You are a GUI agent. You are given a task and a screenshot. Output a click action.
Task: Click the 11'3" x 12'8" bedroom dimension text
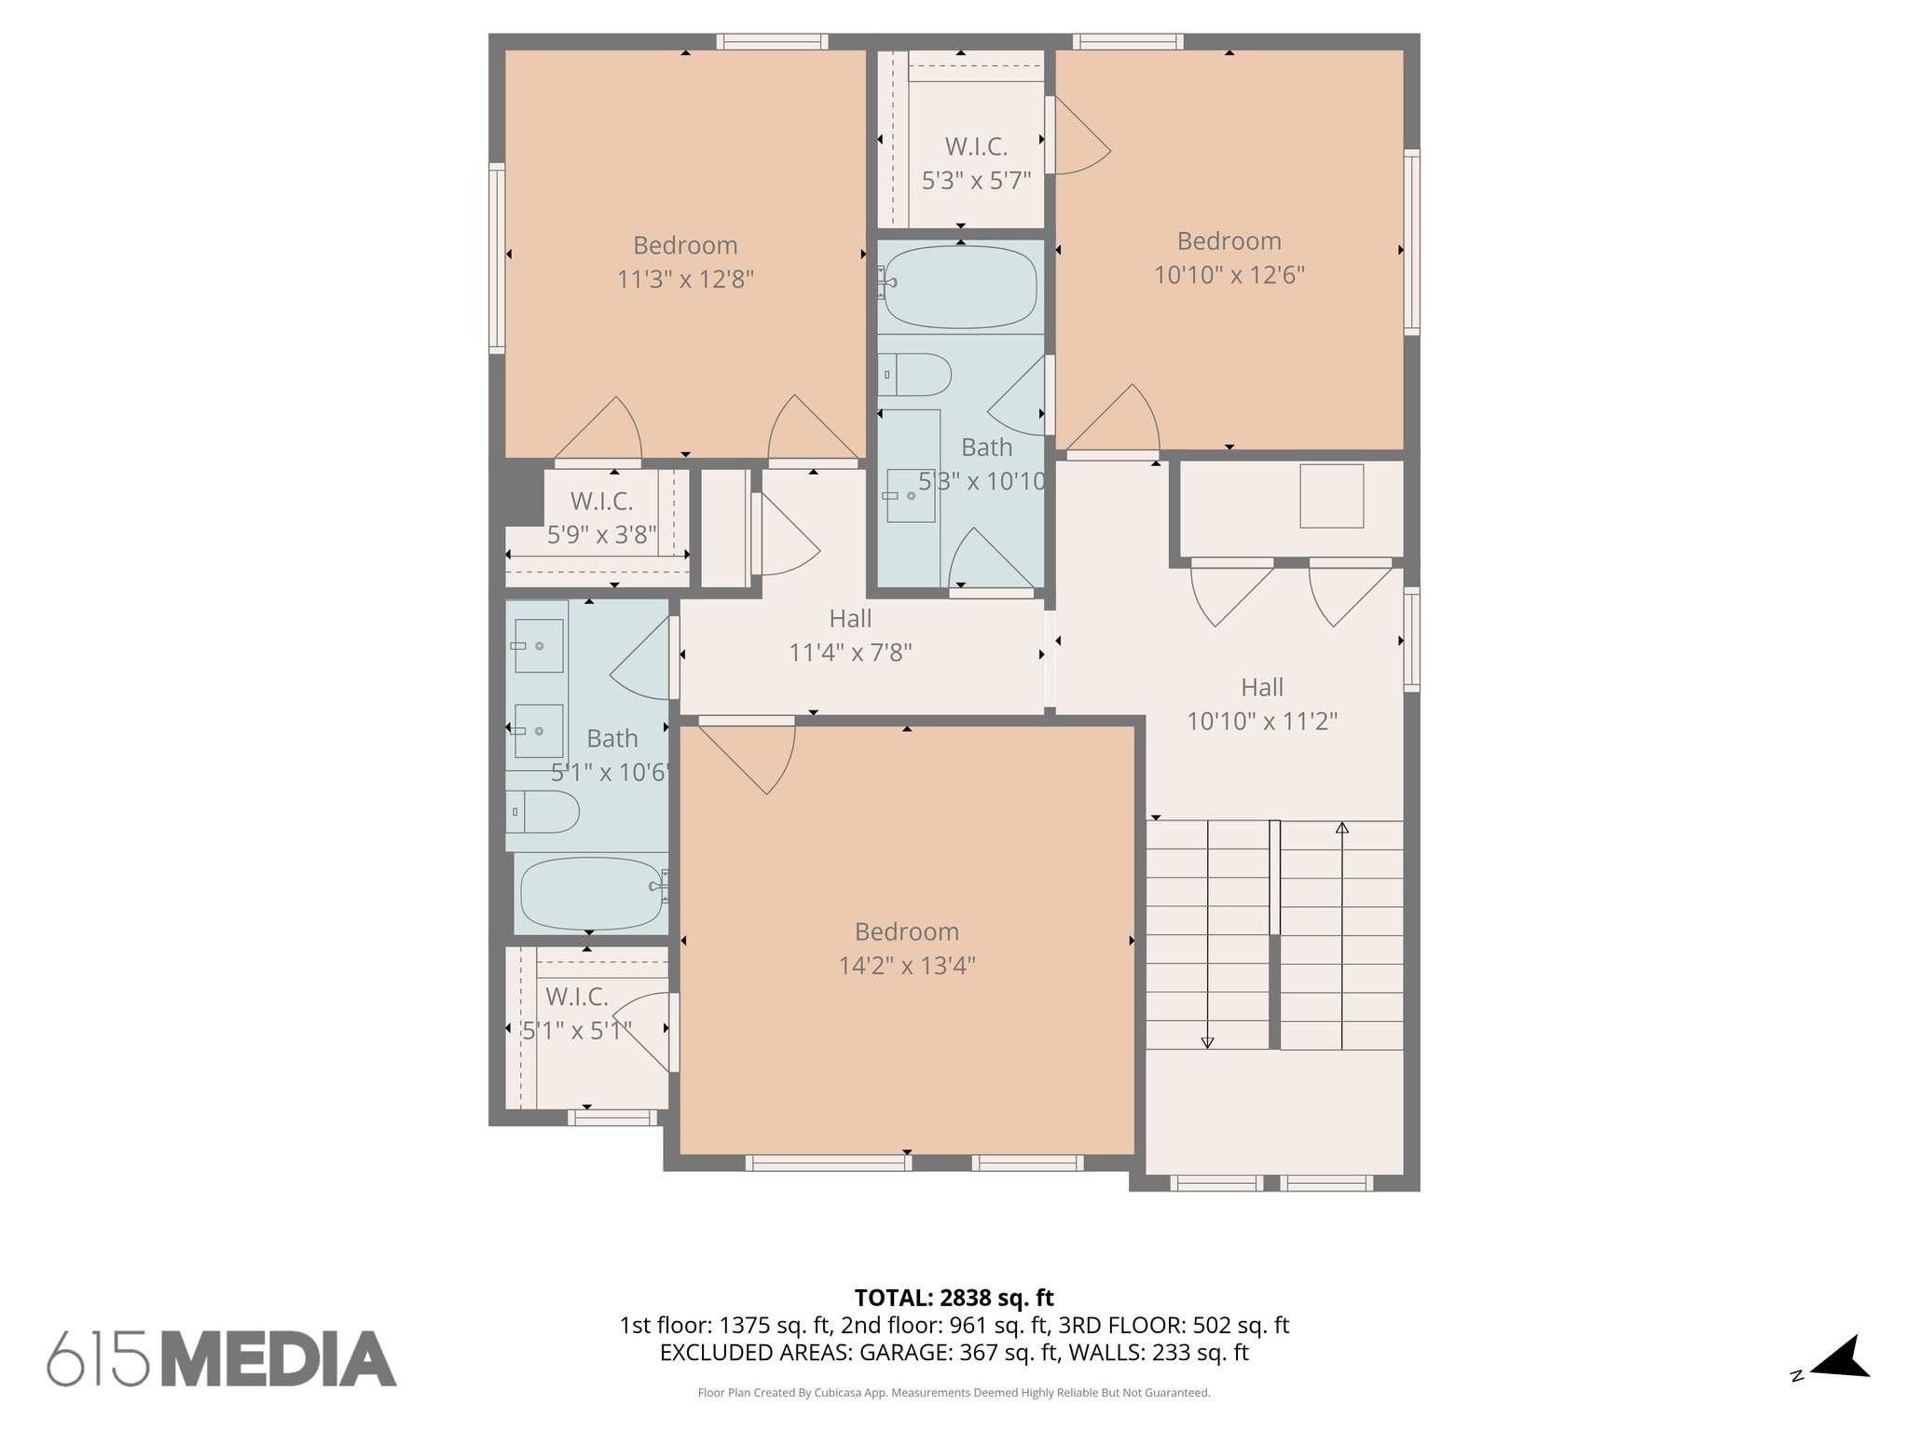pos(685,279)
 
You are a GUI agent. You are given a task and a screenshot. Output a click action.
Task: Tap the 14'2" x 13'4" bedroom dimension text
pos(906,965)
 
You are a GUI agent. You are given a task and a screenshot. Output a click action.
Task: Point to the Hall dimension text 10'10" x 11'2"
pos(1261,721)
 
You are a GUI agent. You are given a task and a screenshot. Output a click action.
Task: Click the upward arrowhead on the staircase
pos(1341,828)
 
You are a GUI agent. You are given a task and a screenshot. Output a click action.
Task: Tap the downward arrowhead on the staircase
pos(1207,1042)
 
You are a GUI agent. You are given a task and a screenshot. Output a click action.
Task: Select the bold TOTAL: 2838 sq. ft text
pos(954,1297)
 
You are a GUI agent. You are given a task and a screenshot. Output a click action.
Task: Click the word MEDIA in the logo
pos(279,1358)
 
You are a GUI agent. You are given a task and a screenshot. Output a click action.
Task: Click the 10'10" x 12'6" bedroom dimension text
pos(1229,275)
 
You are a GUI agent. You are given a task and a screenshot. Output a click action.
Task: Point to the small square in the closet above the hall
pos(1331,496)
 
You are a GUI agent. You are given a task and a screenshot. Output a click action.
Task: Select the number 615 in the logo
pos(98,1358)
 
